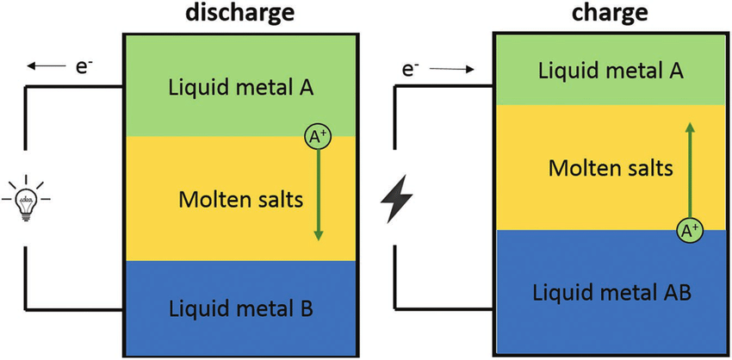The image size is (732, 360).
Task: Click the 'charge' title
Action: pyautogui.click(x=610, y=12)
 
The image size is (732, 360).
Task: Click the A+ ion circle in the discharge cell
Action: pyautogui.click(x=318, y=135)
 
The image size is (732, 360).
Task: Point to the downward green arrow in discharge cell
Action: pyautogui.click(x=318, y=194)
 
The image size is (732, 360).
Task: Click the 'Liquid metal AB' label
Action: pyautogui.click(x=612, y=293)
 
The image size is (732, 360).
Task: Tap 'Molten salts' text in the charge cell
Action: pyautogui.click(x=610, y=168)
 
